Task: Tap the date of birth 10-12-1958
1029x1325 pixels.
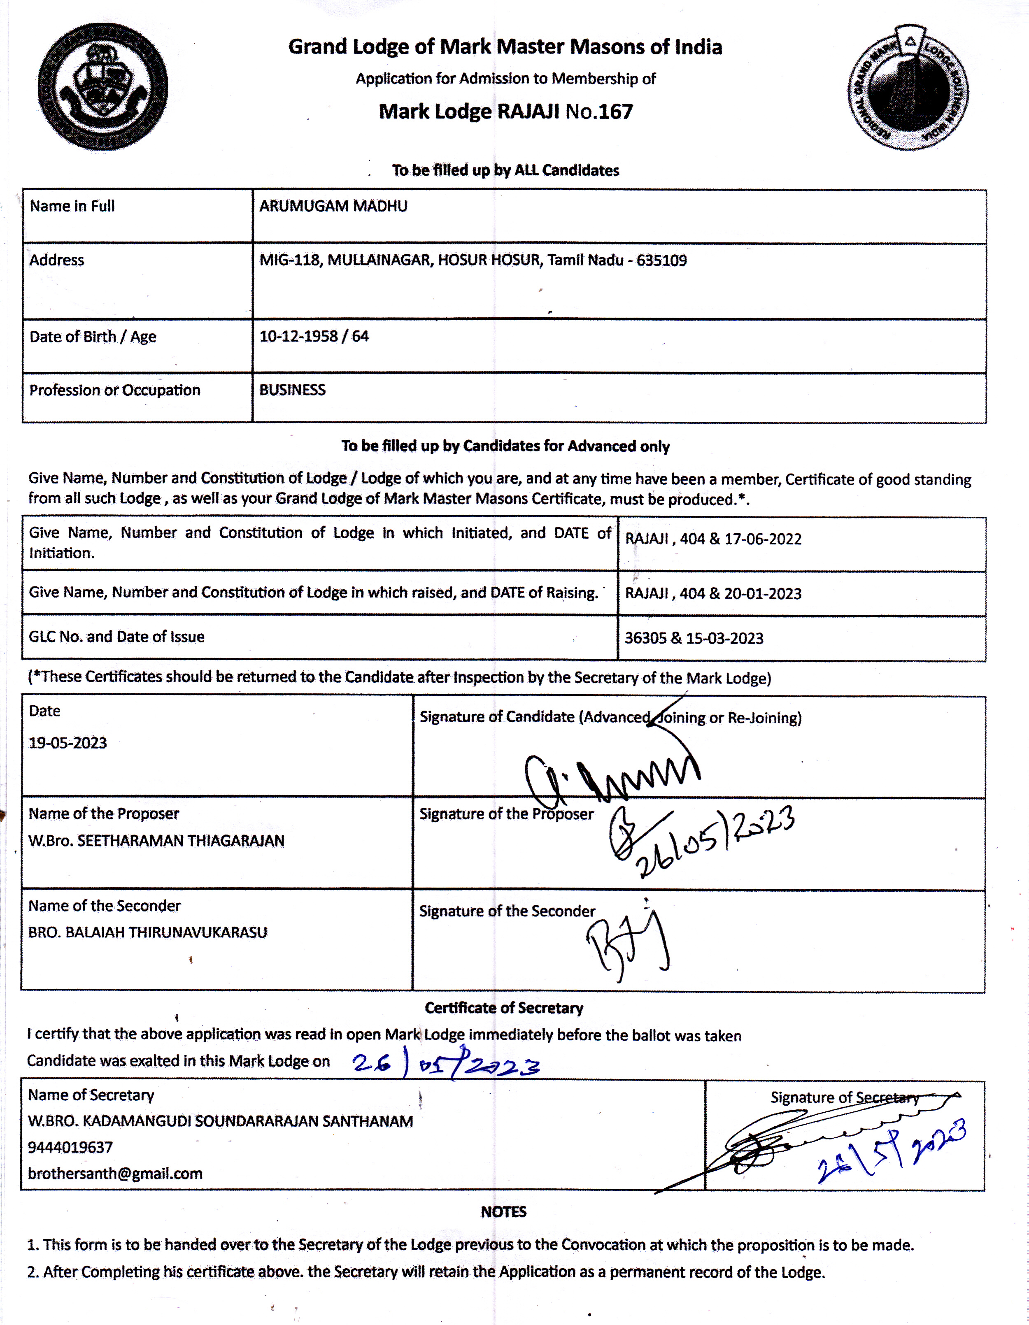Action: click(x=298, y=336)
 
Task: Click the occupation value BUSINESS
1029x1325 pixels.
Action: click(x=292, y=390)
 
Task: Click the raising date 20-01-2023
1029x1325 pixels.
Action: click(x=762, y=593)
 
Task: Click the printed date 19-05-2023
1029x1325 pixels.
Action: click(x=68, y=743)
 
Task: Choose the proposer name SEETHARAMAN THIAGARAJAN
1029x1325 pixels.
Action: click(x=181, y=841)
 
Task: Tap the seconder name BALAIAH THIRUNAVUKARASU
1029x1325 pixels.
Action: click(x=165, y=932)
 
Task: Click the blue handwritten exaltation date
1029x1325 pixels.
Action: click(x=446, y=1065)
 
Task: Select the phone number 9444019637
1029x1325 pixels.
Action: click(x=70, y=1147)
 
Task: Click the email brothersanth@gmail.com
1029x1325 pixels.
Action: click(x=115, y=1173)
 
